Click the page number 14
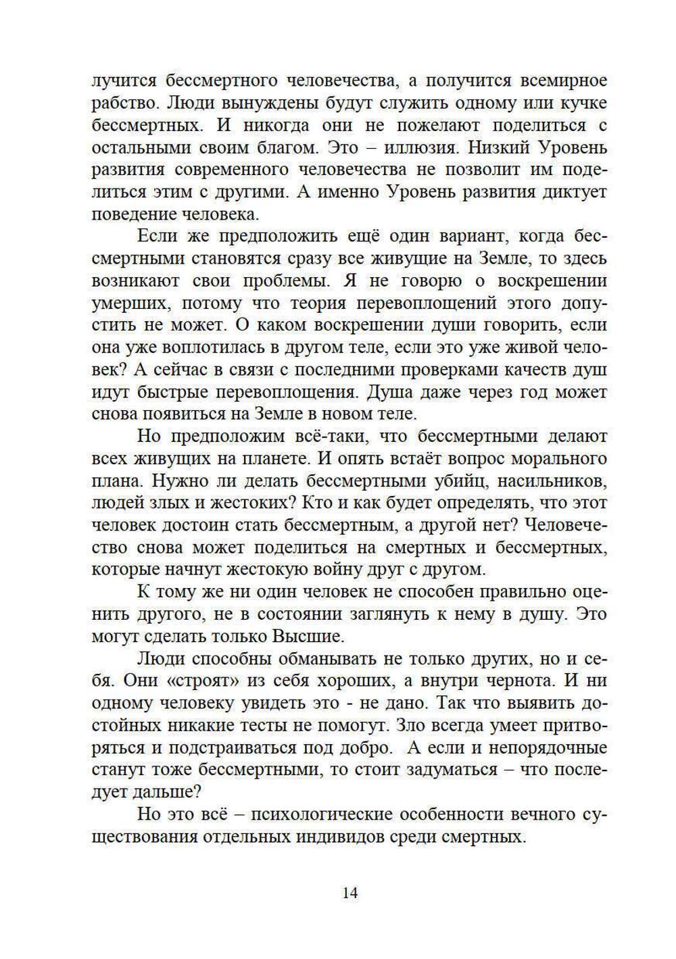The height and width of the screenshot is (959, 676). (349, 893)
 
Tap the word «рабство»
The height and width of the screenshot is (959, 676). (125, 103)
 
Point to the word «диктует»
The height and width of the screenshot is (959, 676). (574, 192)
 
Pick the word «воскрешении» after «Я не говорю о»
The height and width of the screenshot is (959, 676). (552, 281)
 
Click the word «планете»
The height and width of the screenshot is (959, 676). (273, 459)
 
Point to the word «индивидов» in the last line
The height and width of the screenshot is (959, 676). (340, 837)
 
